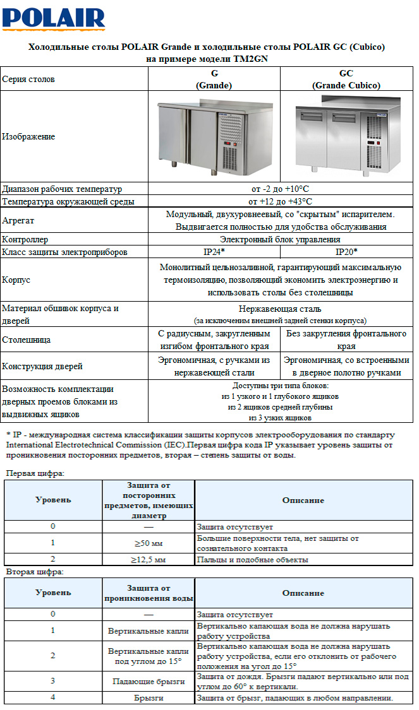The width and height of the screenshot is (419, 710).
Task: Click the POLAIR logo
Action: (53, 18)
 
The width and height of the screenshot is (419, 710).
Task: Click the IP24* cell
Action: (214, 252)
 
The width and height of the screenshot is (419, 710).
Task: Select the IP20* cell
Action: (346, 252)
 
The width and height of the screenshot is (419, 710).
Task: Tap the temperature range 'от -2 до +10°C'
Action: (279, 189)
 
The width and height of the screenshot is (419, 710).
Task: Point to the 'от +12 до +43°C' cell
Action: (279, 201)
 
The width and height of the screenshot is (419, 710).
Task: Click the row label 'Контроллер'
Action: (25, 240)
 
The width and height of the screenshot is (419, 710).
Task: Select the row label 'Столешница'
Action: (27, 340)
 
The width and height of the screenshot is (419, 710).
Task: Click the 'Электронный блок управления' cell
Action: (279, 240)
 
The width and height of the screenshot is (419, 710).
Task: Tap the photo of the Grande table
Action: (214, 136)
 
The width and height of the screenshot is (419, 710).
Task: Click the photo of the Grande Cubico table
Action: (346, 136)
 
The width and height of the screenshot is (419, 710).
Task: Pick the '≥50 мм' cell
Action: (148, 543)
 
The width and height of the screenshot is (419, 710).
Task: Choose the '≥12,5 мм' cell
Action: (148, 560)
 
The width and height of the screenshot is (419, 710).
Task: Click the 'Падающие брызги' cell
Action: (148, 682)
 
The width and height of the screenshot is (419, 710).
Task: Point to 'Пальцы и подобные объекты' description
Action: (252, 560)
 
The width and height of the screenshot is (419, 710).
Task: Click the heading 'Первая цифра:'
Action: (35, 473)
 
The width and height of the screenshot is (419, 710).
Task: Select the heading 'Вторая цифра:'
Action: (35, 572)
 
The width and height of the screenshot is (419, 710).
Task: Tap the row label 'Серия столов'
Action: (28, 79)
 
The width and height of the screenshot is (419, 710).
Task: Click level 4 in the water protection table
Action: (53, 698)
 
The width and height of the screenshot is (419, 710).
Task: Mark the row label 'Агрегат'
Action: (18, 221)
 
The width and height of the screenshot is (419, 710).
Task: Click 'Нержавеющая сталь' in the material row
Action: (279, 309)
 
